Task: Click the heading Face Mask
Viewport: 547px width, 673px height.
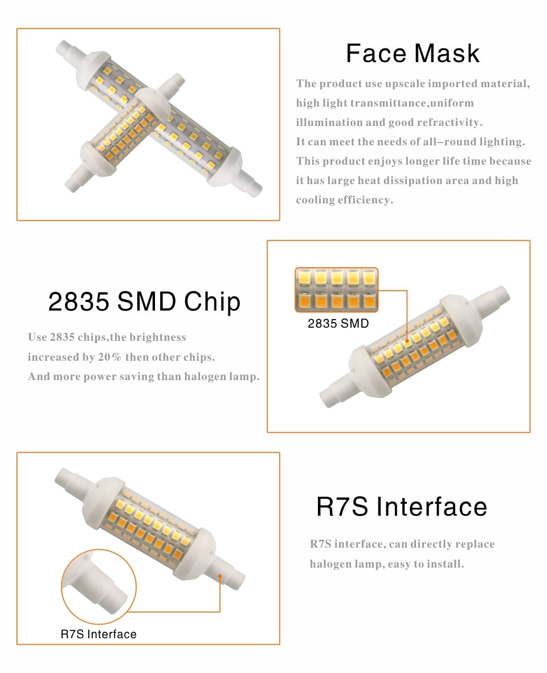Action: click(413, 54)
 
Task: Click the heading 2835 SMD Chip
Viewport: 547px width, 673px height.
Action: click(144, 302)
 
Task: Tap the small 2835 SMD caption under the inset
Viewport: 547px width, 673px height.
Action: click(338, 324)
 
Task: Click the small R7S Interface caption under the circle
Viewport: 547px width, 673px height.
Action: click(99, 634)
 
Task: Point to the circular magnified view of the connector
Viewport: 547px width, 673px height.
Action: click(98, 587)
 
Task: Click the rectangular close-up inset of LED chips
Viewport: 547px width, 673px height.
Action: click(336, 290)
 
